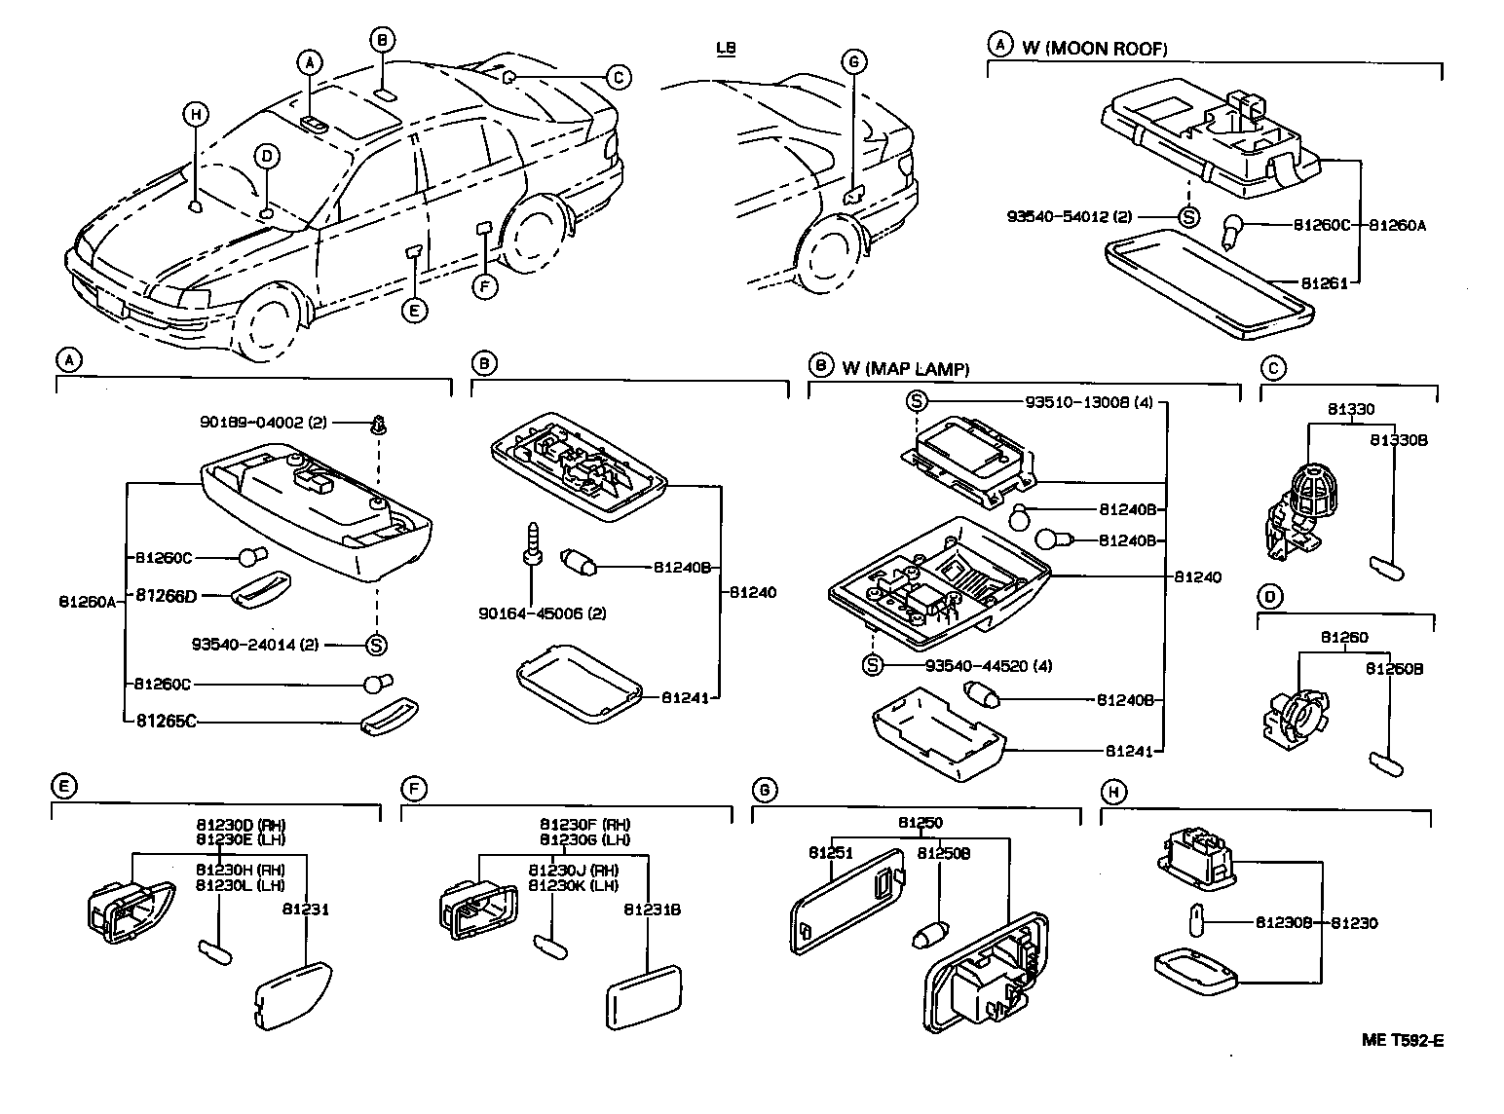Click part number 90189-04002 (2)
[x=263, y=423]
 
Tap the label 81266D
[x=166, y=595]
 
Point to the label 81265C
[x=166, y=722]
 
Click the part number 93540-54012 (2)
[x=1069, y=217]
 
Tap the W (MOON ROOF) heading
[x=1094, y=48]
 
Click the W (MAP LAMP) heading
[x=906, y=368]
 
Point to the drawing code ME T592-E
[x=1402, y=1040]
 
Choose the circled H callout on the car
[x=196, y=115]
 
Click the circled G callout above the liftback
[x=853, y=62]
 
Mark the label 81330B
[x=1398, y=440]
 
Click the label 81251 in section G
[x=830, y=853]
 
